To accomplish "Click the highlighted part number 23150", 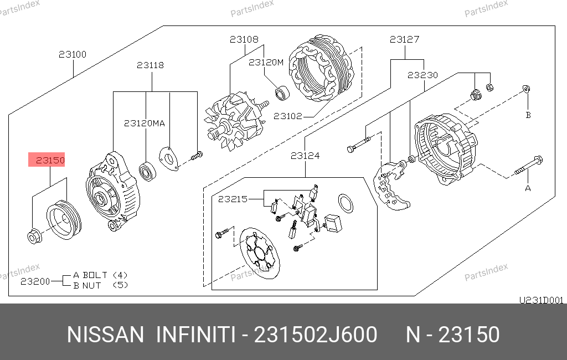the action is (x=50, y=160).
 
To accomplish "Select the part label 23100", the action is (x=73, y=54).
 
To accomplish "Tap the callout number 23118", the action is (x=150, y=65).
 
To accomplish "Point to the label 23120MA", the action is (x=145, y=124).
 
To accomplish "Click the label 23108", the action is (x=244, y=39).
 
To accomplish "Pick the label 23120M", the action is (x=266, y=62).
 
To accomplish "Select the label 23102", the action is (x=288, y=116).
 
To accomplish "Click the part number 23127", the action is (x=404, y=39).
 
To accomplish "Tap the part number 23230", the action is (x=422, y=75).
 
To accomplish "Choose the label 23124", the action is (x=305, y=156).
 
